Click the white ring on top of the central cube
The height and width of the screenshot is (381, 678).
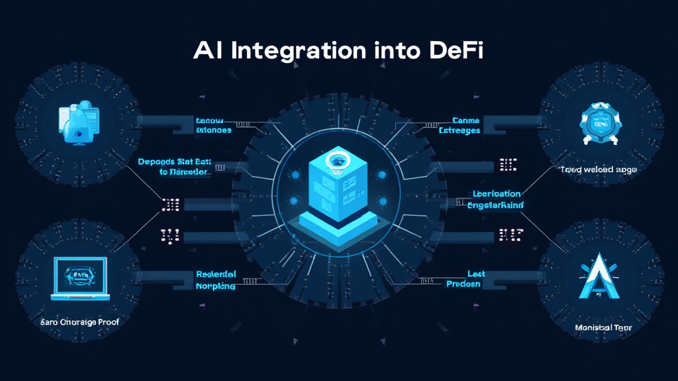(x=338, y=159)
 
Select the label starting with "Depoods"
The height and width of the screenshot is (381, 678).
(x=175, y=166)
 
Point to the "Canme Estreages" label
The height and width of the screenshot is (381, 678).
(x=469, y=126)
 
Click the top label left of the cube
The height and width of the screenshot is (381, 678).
(x=213, y=126)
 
